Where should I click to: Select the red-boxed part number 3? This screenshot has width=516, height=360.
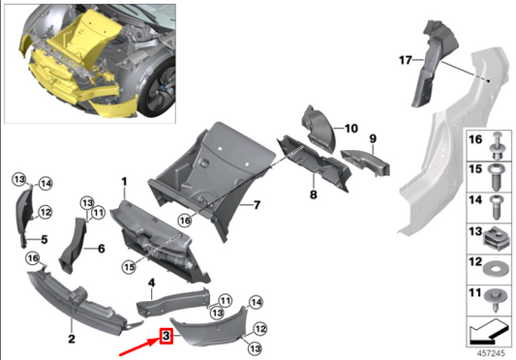[167, 336]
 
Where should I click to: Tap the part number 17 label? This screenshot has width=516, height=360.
[408, 60]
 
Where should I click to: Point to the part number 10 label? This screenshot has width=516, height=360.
[350, 127]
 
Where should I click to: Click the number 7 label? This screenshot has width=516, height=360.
[258, 204]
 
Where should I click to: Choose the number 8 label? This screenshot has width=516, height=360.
[313, 195]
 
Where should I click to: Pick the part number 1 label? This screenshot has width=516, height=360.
[124, 181]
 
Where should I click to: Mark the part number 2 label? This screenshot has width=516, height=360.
[71, 338]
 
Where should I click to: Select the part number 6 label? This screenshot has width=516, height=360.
[100, 248]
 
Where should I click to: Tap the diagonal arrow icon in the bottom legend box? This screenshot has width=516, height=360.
[487, 336]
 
